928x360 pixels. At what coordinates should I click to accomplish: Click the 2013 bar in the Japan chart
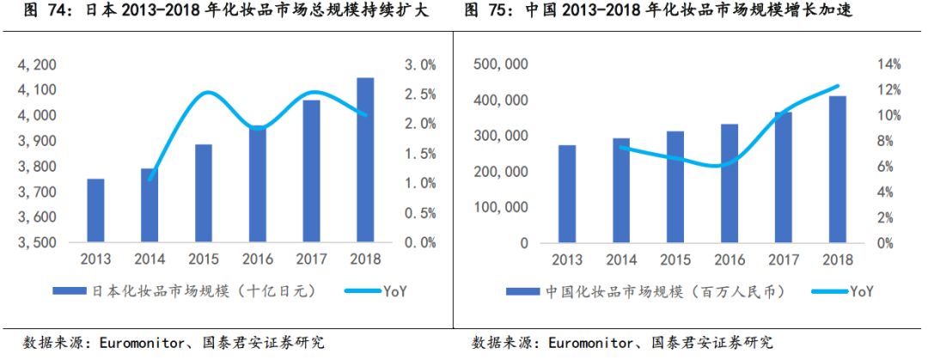(95, 211)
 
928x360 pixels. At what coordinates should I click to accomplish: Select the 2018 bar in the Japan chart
(365, 160)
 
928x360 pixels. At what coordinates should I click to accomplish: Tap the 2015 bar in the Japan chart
(203, 193)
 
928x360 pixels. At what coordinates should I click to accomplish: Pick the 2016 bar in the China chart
(729, 183)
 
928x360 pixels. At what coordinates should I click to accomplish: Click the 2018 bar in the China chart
(837, 169)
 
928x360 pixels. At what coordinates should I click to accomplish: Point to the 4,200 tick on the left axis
(38, 64)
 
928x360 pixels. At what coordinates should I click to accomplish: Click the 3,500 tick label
(38, 242)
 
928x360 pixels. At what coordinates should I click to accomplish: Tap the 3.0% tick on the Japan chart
(421, 64)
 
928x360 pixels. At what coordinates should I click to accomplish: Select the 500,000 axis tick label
(499, 64)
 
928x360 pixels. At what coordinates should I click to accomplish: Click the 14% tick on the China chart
(888, 64)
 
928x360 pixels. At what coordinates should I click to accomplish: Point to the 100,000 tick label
(499, 207)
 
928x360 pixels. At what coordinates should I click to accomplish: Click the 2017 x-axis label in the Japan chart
(311, 259)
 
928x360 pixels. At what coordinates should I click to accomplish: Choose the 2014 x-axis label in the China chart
(620, 259)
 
